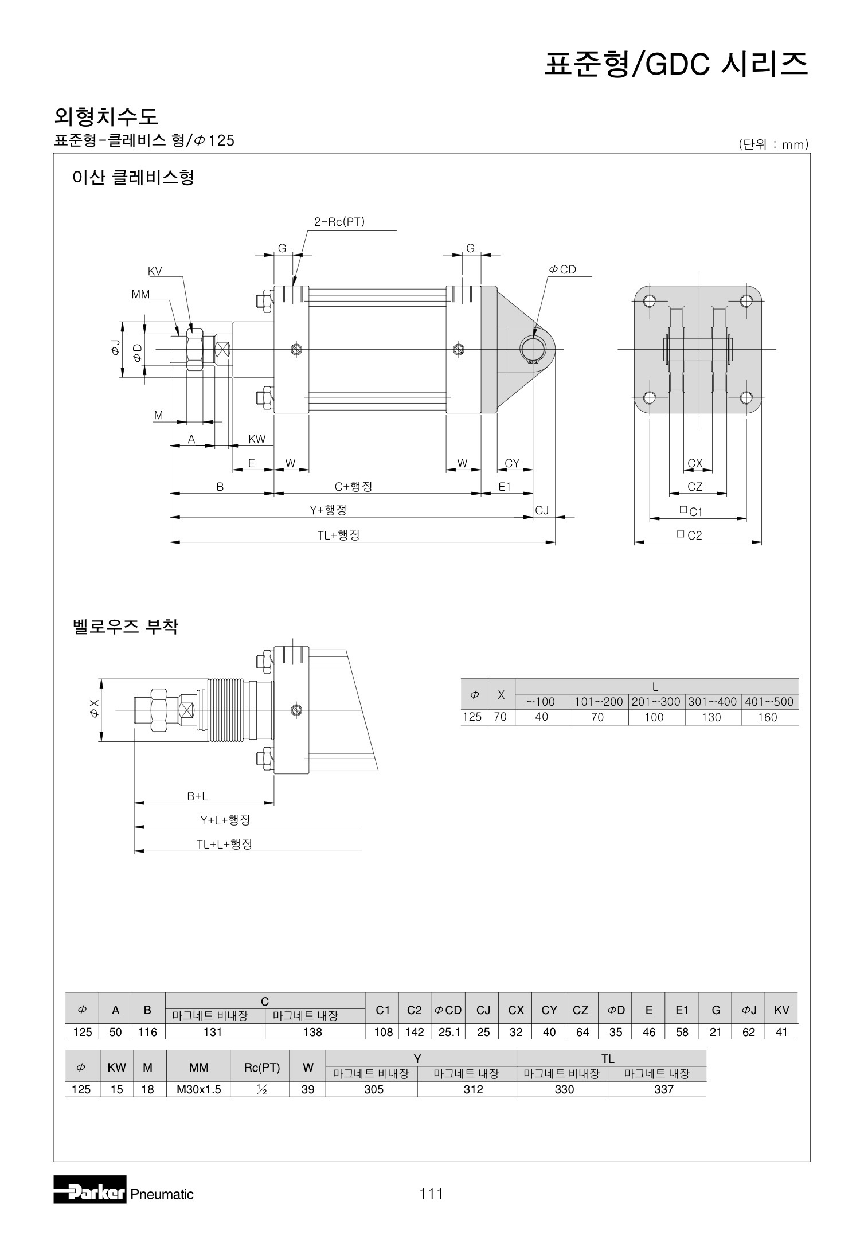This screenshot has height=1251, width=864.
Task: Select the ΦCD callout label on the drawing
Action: [x=563, y=269]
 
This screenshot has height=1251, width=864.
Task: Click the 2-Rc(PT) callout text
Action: [x=339, y=222]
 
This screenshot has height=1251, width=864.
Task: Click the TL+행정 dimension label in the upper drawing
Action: [x=339, y=535]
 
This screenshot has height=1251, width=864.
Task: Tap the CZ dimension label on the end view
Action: [x=695, y=487]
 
